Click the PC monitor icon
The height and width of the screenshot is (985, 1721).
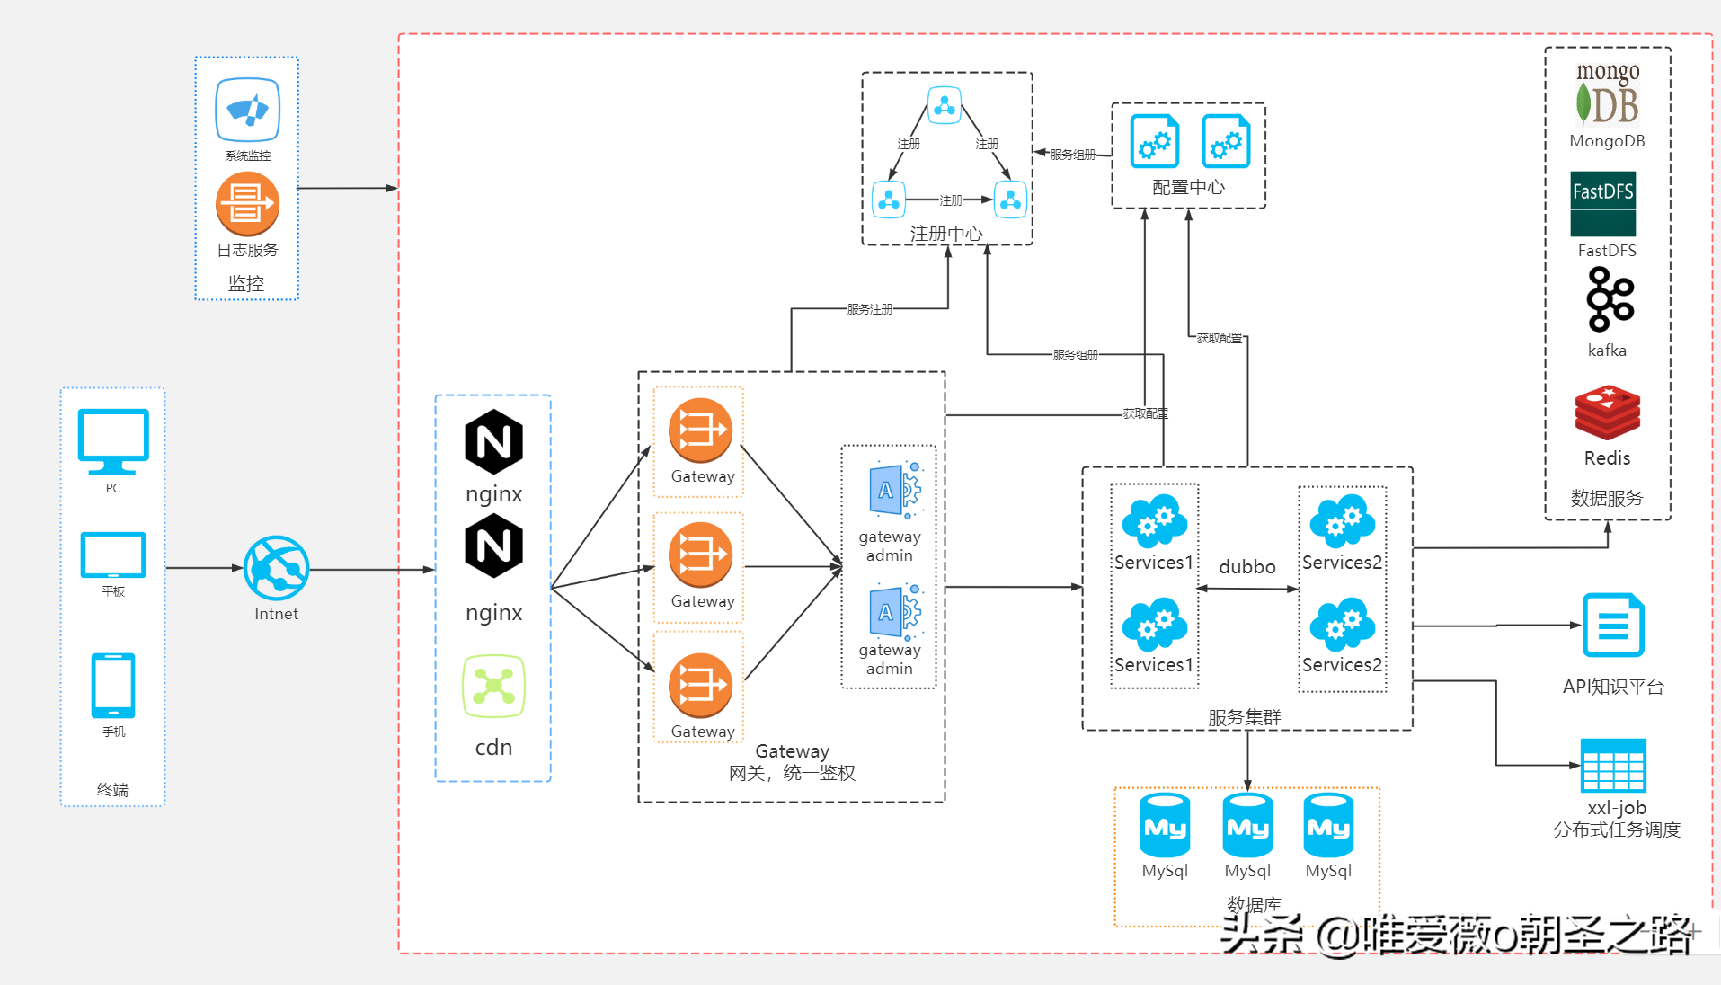coord(113,440)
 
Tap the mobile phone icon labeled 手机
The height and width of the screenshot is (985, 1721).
coord(113,685)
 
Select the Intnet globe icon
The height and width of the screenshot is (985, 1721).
coord(276,568)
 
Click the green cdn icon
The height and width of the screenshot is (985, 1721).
coord(493,687)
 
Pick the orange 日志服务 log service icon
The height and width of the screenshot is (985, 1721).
coord(247,204)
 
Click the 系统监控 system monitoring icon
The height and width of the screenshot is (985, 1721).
coord(247,110)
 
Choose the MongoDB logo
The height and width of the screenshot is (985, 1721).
coord(1607,93)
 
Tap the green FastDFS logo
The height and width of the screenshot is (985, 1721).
coord(1602,204)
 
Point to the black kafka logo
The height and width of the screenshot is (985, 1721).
coord(1609,299)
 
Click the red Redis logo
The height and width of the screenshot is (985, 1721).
coord(1607,413)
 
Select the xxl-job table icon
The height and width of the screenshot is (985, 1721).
coord(1613,766)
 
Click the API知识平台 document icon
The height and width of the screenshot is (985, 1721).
coord(1613,626)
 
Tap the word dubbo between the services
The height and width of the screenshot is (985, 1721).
coord(1246,567)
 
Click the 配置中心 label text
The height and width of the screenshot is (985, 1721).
coord(1188,187)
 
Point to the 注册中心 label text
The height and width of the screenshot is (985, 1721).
coord(946,234)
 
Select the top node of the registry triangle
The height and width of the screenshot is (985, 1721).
coord(945,106)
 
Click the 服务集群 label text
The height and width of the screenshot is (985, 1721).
coord(1244,717)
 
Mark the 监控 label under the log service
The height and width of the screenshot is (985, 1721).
coord(246,284)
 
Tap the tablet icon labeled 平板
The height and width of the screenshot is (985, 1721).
coord(113,555)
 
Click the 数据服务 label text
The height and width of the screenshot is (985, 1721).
coord(1606,498)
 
